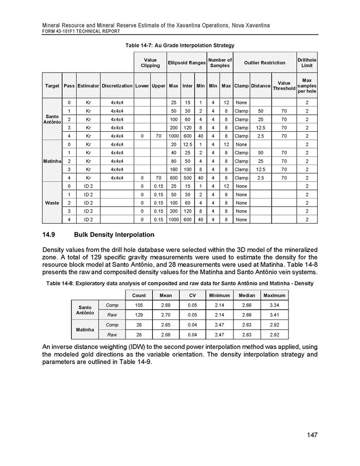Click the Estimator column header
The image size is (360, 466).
88,86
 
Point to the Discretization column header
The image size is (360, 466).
117,86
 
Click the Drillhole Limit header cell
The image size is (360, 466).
307,62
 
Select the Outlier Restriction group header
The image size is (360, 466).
264,62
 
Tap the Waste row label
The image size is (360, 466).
52,203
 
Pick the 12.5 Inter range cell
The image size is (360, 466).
187,144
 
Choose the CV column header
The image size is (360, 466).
192,295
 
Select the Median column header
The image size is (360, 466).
246,295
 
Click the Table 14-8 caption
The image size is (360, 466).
179,283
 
